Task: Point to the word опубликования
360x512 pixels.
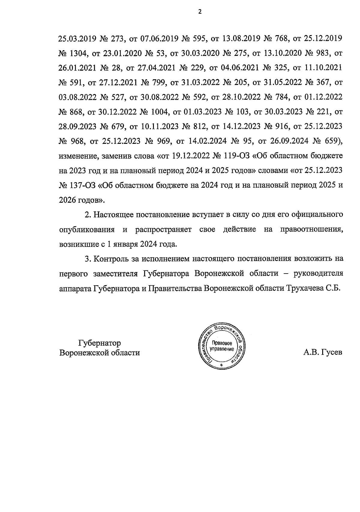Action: pyautogui.click(x=87, y=230)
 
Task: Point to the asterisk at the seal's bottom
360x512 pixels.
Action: pyautogui.click(x=221, y=365)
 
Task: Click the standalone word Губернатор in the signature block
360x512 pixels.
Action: pyautogui.click(x=100, y=343)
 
